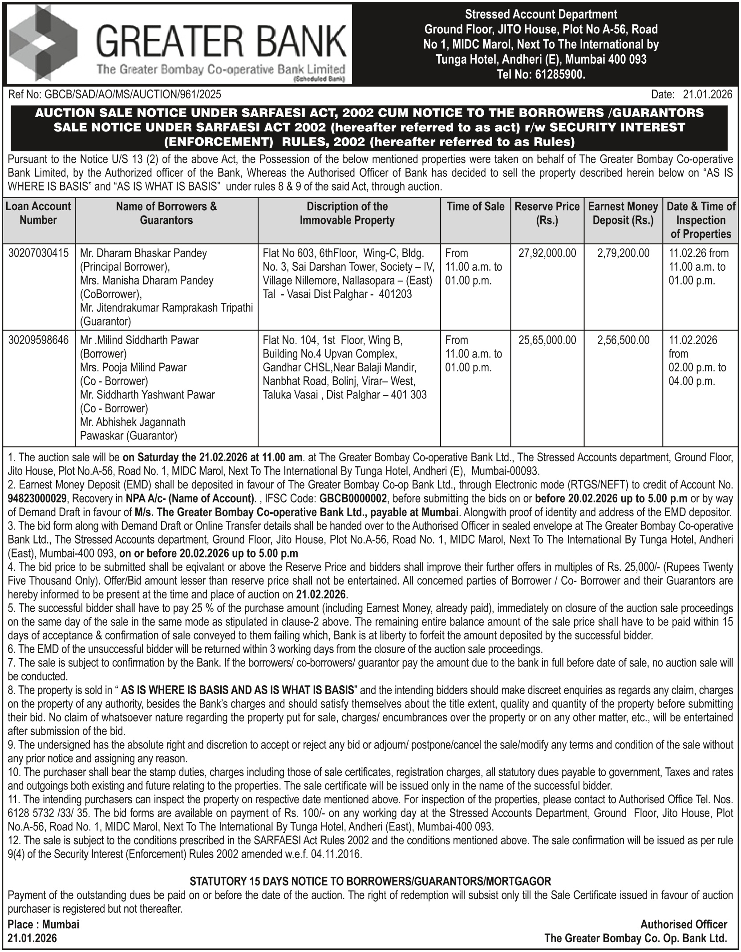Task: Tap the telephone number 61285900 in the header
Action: tap(558, 74)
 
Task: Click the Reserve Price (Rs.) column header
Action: tap(547, 213)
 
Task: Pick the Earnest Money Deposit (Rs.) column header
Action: tap(623, 213)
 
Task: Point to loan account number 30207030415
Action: tap(39, 253)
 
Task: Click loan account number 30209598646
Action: tap(39, 340)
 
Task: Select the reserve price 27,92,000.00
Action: tap(547, 253)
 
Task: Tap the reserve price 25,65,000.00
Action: tap(547, 340)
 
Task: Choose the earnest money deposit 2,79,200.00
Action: tap(623, 253)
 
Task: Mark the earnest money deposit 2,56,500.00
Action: tap(623, 340)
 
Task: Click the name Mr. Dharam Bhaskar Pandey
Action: tap(143, 253)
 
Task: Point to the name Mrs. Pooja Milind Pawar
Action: tap(134, 368)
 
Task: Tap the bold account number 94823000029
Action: tap(37, 498)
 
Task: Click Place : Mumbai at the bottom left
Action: tap(43, 924)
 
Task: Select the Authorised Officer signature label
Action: tap(684, 924)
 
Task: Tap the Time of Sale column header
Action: tap(475, 207)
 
